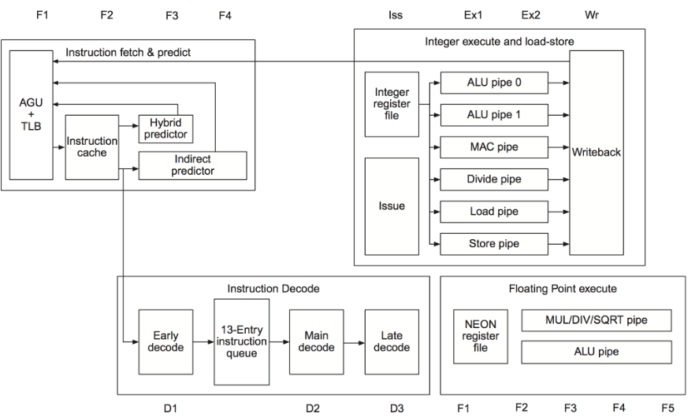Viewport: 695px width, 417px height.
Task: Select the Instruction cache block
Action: click(91, 147)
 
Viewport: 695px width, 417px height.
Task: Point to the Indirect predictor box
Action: click(192, 164)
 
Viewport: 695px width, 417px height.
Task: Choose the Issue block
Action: click(392, 205)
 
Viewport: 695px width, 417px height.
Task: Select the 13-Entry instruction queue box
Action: click(241, 341)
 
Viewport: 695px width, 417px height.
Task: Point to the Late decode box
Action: click(391, 341)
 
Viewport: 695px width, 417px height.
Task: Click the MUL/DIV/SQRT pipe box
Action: click(597, 320)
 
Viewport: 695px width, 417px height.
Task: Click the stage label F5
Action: click(667, 408)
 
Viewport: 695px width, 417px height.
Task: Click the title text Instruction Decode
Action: click(273, 289)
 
